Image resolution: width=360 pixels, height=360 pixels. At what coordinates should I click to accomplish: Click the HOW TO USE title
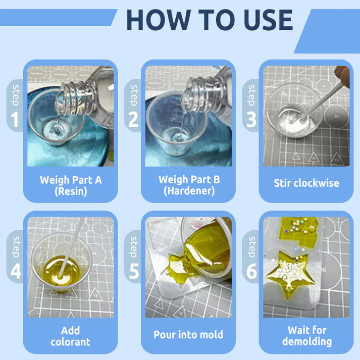209,20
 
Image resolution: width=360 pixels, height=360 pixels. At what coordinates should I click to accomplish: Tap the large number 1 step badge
15,119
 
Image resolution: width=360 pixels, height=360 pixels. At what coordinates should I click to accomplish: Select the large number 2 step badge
133,119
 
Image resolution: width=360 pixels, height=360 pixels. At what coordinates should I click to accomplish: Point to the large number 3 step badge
251,119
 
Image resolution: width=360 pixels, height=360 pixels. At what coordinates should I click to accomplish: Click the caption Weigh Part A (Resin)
70,185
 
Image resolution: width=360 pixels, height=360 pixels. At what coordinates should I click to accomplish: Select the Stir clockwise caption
305,183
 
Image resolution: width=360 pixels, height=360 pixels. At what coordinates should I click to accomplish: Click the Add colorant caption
70,336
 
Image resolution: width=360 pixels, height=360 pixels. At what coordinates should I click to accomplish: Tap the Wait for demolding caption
306,336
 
